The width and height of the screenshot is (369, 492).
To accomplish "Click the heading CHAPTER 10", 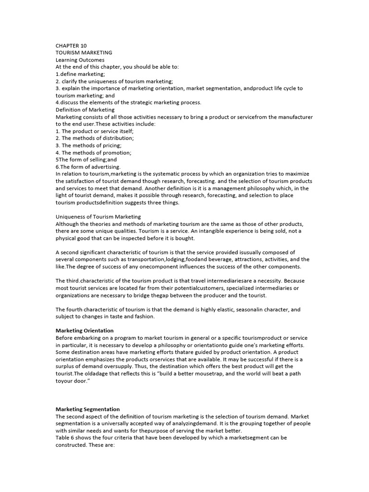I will point(71,46).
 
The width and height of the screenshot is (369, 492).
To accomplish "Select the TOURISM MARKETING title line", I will point(84,53).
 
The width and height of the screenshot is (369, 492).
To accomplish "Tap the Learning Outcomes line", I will point(80,60).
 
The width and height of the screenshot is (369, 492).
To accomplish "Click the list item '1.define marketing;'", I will point(80,74).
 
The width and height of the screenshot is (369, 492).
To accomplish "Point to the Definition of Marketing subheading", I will point(85,110).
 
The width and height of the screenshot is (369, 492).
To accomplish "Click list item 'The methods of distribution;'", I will point(95,138).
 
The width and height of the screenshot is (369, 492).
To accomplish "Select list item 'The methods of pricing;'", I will point(88,146).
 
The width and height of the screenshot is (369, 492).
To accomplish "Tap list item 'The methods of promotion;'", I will point(93,153).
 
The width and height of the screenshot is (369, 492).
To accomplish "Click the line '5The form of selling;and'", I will point(86,160).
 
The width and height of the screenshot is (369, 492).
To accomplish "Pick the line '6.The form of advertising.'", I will point(88,167).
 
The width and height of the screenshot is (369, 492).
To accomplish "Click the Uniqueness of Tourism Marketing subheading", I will point(98,217).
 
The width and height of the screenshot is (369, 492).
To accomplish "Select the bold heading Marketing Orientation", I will point(85,331).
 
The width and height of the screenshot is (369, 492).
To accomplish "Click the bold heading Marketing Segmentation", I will point(87,409).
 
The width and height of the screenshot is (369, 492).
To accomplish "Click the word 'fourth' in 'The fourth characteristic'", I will point(76,309).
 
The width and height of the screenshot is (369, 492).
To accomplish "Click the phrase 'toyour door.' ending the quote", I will point(73,381).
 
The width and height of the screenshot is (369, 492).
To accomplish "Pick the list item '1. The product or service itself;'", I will point(95,131).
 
